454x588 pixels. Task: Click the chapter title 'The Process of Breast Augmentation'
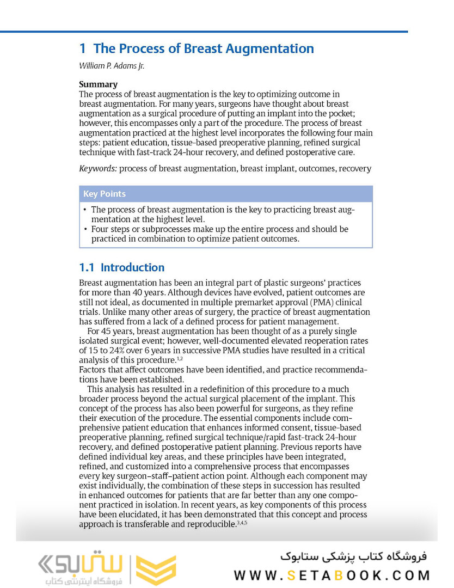click(203, 48)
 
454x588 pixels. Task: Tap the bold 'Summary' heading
click(98, 84)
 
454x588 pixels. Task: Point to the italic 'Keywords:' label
click(98, 168)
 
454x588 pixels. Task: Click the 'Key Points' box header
click(105, 194)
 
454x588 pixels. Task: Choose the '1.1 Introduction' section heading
click(121, 267)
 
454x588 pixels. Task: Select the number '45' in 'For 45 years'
click(109, 332)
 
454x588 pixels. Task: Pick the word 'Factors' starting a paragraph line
click(93, 370)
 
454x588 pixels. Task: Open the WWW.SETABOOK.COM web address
click(332, 575)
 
